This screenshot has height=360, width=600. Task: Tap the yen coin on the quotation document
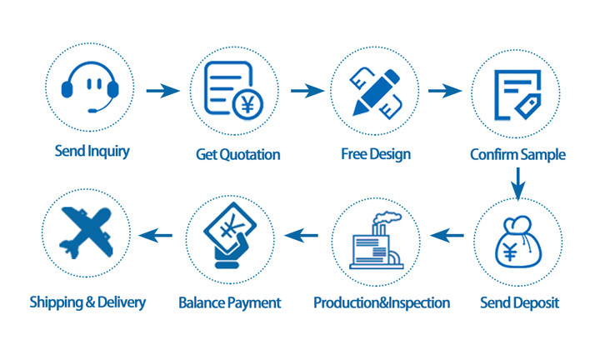[247, 104]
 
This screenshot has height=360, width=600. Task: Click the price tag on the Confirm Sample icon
[528, 106]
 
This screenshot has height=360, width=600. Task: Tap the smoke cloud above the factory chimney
[387, 217]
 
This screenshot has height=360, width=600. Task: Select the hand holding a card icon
[230, 236]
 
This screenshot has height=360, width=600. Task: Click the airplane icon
[86, 232]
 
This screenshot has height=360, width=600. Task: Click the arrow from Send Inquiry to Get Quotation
[163, 91]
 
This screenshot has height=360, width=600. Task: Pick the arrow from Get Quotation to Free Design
[307, 91]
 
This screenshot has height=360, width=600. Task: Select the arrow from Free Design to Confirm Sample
[445, 91]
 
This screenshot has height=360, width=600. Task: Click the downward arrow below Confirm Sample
[518, 184]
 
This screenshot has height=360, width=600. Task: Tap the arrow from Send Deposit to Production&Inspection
[447, 235]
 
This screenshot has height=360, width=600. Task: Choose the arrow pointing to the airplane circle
[155, 235]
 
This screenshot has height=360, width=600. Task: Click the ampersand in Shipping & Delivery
[90, 302]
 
